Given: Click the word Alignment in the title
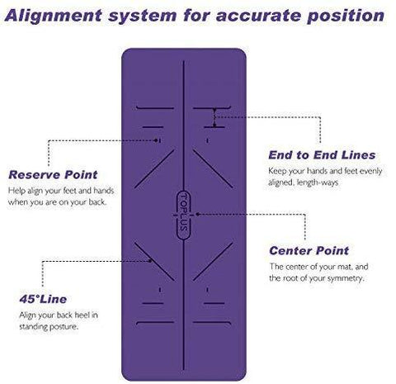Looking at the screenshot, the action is click(x=54, y=16).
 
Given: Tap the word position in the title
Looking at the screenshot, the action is click(x=346, y=16).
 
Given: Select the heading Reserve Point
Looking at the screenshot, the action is click(x=53, y=175).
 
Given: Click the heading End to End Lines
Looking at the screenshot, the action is click(x=322, y=155).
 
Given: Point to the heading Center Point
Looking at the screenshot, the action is click(x=309, y=251).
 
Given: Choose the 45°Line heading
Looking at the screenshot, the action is click(x=43, y=299).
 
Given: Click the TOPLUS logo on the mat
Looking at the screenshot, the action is click(x=183, y=216).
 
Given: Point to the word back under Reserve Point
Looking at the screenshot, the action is click(x=97, y=202).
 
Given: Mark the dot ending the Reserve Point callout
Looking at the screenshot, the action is click(x=156, y=140).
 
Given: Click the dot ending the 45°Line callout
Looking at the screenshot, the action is click(x=150, y=261).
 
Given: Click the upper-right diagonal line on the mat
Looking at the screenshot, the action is click(x=213, y=168).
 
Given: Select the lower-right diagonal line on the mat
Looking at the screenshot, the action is click(x=213, y=262).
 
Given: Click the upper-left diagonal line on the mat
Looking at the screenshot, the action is click(x=154, y=168).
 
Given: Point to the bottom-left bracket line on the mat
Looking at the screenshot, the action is click(x=155, y=323).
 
